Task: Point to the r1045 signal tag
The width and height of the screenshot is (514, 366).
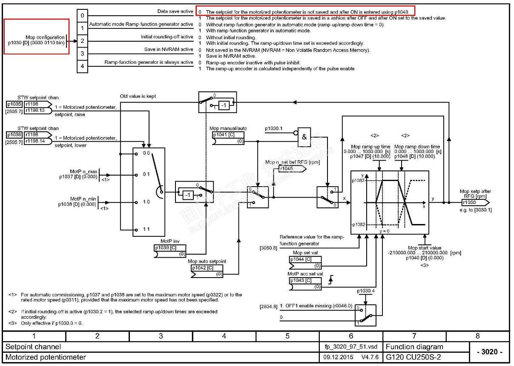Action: (x=291, y=169)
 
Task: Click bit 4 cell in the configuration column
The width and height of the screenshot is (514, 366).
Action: (x=83, y=66)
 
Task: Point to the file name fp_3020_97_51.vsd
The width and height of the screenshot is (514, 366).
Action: (x=351, y=347)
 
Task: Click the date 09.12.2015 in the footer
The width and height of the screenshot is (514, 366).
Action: (x=338, y=357)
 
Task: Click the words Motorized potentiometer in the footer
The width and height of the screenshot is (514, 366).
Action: (x=46, y=357)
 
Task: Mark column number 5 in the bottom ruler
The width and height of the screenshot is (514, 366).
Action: (x=287, y=336)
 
